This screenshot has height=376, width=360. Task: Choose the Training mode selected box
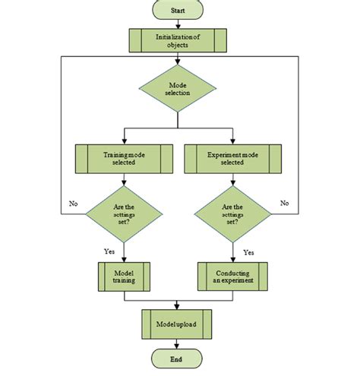[123, 158]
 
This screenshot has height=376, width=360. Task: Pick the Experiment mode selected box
[232, 158]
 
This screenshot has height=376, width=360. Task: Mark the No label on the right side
[285, 204]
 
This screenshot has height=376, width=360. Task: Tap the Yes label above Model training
[109, 250]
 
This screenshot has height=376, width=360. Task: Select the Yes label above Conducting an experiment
[248, 250]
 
